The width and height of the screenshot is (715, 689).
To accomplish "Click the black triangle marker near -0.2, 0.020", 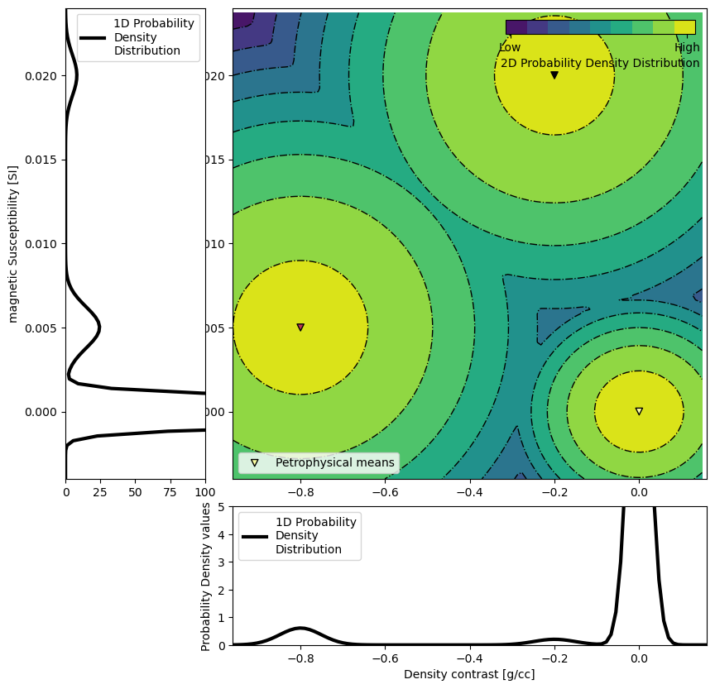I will click(x=554, y=75).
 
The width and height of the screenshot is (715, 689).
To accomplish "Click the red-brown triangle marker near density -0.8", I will click(x=300, y=328).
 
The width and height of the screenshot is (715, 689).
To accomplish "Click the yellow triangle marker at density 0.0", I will click(x=639, y=411).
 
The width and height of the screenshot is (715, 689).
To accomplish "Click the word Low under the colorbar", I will click(x=510, y=48).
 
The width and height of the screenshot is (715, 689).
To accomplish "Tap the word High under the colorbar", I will click(x=687, y=48).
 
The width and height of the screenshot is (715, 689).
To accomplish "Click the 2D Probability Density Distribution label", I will click(x=600, y=64).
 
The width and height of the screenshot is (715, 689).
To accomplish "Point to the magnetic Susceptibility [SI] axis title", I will click(x=13, y=244).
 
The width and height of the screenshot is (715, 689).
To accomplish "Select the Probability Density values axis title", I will click(x=207, y=576).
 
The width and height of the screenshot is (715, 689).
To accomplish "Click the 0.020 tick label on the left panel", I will click(x=43, y=76).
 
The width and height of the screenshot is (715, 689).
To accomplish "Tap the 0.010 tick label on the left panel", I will click(x=43, y=244).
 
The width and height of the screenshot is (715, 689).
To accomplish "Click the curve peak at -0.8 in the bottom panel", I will click(x=300, y=628).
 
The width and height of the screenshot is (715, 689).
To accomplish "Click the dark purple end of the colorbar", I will click(x=516, y=27).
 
